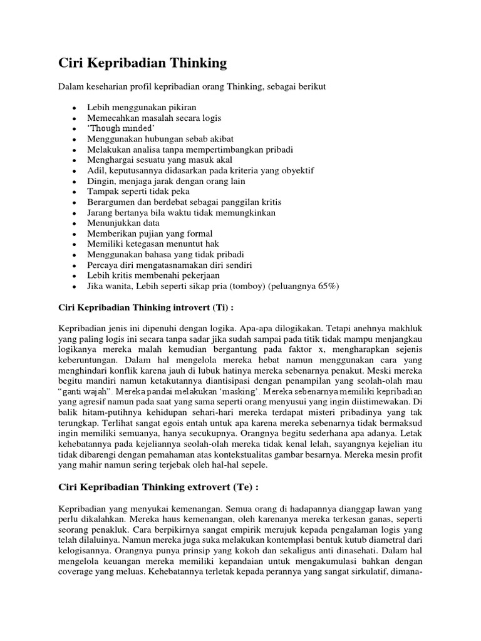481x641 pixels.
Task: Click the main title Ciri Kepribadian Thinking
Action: point(142,63)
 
